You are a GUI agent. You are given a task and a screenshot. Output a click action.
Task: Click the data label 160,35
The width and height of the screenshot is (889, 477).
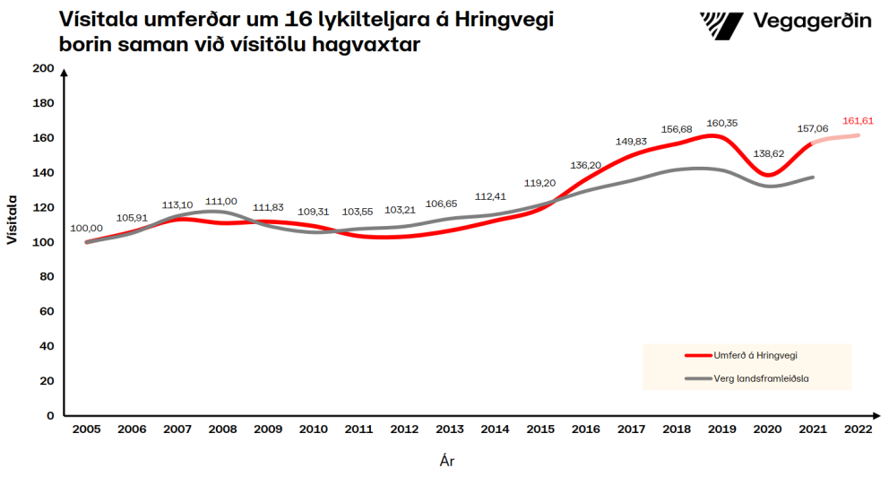722,123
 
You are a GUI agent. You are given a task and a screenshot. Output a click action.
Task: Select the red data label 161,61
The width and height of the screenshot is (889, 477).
859,120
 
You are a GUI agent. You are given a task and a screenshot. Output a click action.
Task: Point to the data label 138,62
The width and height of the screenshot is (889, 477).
768,154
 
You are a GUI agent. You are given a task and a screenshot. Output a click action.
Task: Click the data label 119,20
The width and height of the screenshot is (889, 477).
539,183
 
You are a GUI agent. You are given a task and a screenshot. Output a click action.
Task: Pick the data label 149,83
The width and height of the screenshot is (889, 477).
631,141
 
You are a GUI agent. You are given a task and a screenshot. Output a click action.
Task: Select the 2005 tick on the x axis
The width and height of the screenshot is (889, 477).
87,430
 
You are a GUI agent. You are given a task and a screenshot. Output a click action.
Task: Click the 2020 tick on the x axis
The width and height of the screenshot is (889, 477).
768,430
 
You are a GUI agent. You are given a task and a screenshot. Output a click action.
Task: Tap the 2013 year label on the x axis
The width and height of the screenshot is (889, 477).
450,430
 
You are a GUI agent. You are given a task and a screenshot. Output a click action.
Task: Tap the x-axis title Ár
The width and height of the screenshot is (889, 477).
447,461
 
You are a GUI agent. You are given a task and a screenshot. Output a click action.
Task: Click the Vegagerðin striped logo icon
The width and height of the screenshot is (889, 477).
720,22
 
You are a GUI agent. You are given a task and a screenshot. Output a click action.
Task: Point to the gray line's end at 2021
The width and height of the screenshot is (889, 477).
813,178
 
